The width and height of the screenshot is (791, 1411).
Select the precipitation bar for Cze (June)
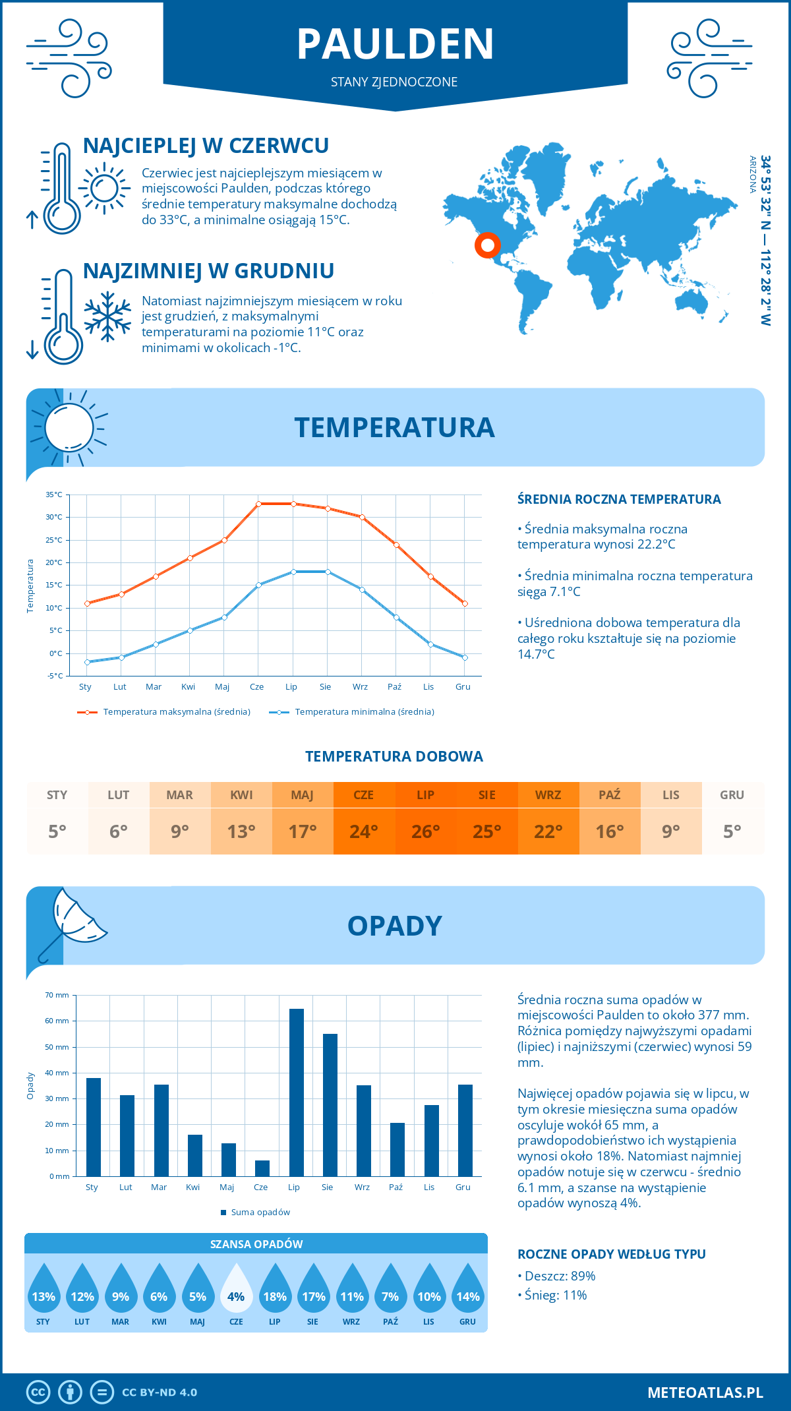click(262, 1168)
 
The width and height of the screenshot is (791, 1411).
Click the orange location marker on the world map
click(488, 245)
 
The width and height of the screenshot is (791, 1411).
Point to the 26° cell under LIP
click(425, 831)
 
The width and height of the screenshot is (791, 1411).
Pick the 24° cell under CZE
click(364, 831)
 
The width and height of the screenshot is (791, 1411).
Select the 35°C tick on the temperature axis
click(54, 495)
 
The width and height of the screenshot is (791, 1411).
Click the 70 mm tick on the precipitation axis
click(57, 995)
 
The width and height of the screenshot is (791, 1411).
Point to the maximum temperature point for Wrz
click(362, 517)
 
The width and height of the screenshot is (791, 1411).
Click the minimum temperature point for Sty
click(87, 662)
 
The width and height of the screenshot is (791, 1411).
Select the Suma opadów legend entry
click(260, 1212)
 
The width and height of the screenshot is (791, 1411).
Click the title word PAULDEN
click(395, 44)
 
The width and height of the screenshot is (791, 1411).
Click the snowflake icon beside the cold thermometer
click(107, 316)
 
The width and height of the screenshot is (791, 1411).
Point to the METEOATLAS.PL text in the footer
click(705, 1393)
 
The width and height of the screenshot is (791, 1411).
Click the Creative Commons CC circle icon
click(38, 1393)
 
